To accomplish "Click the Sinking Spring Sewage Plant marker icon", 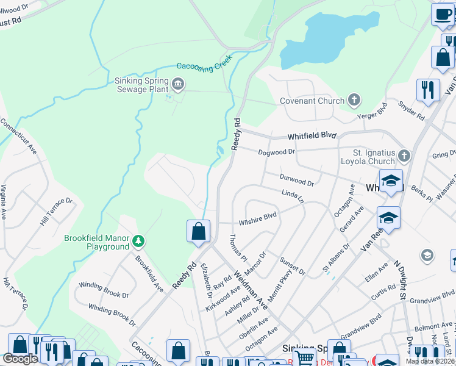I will click(178, 84).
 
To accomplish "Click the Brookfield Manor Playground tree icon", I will click(139, 242).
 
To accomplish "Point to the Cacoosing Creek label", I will click(205, 67).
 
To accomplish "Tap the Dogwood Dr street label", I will click(276, 151).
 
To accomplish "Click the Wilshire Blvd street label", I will click(257, 216).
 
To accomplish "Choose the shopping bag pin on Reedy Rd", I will click(198, 232).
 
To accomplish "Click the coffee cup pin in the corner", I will click(443, 15).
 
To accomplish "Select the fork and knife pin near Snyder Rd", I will click(428, 90).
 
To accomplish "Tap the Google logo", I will click(20, 359).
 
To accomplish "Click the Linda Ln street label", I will click(292, 195).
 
